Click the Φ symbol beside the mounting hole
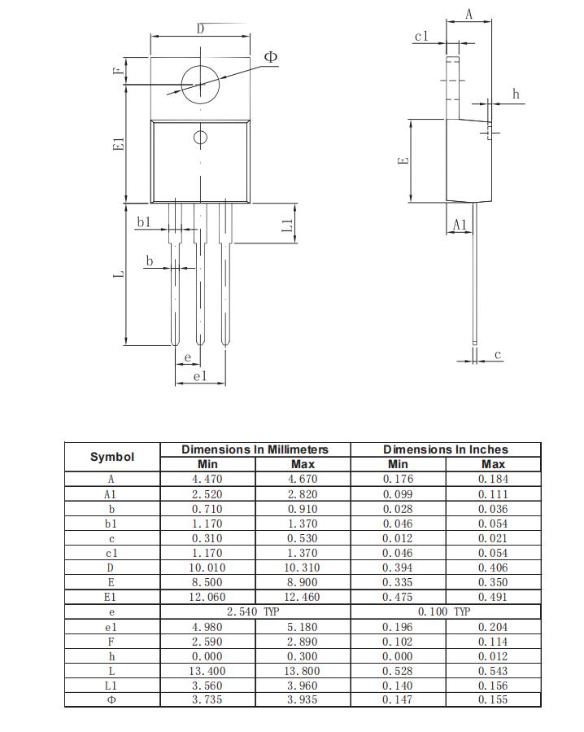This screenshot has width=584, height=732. click(x=271, y=57)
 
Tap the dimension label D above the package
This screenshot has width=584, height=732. click(x=201, y=29)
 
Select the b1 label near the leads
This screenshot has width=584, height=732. click(x=144, y=222)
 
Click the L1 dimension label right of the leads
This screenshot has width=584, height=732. click(x=287, y=226)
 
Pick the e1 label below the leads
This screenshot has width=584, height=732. click(x=200, y=376)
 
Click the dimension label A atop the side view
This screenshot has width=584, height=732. click(x=469, y=15)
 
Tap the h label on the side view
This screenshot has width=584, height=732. click(x=516, y=94)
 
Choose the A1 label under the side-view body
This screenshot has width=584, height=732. click(x=460, y=225)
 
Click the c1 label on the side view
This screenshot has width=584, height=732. click(x=421, y=37)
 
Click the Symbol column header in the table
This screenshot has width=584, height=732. click(x=112, y=457)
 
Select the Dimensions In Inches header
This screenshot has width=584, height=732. click(x=445, y=449)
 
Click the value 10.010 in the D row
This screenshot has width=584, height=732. click(x=207, y=568)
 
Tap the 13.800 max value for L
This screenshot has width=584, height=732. click(x=303, y=671)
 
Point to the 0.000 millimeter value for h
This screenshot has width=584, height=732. click(x=207, y=656)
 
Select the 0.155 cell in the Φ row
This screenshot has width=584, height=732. click(x=493, y=699)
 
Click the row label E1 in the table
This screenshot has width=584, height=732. click(x=111, y=597)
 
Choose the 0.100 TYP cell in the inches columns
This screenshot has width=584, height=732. click(x=445, y=611)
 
